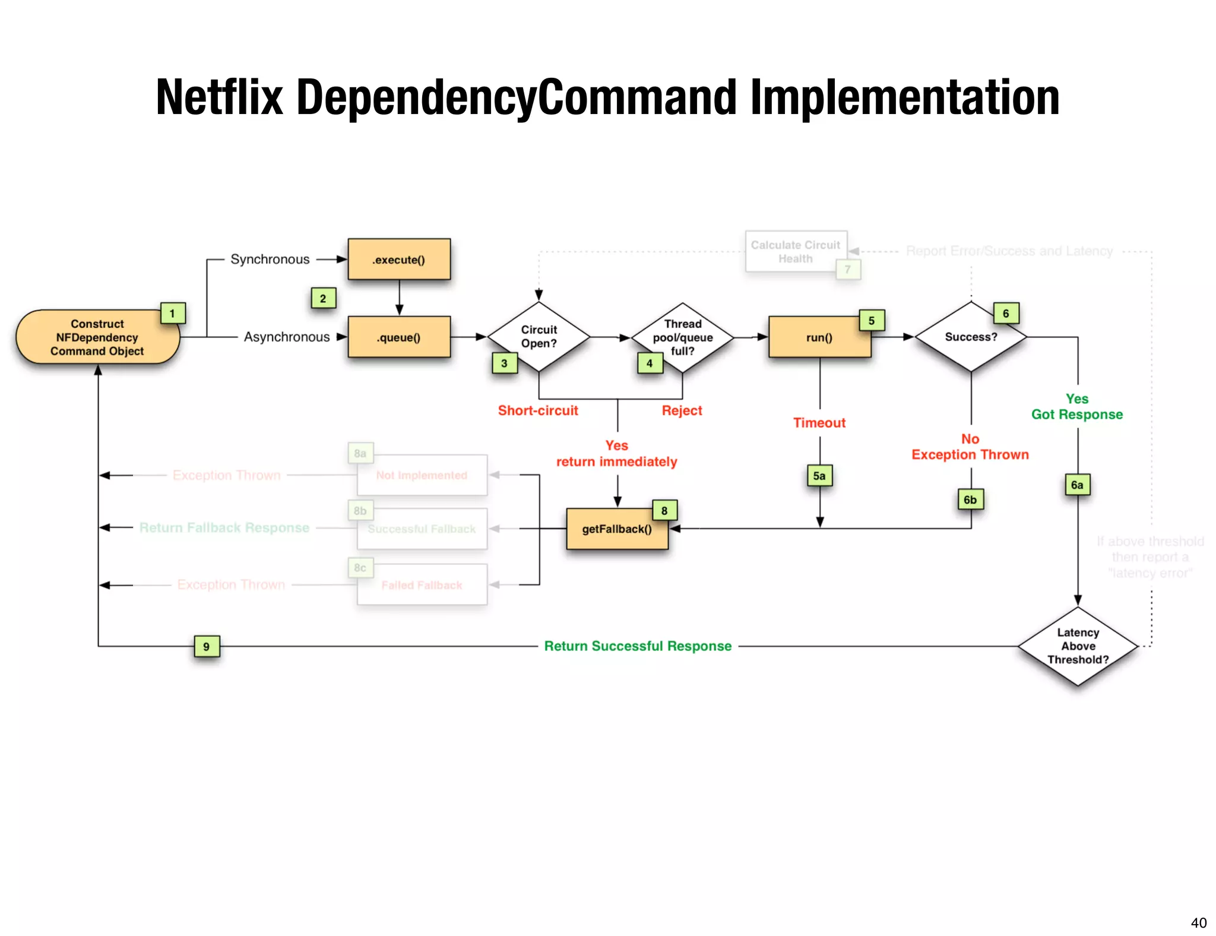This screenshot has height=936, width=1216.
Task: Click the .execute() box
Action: [x=398, y=260]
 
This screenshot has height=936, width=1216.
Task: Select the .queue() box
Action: [x=398, y=337]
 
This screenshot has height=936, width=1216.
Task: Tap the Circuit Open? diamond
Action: [x=539, y=336]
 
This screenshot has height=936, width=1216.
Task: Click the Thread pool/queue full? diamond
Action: [x=682, y=337]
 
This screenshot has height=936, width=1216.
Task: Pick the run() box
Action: [x=819, y=337]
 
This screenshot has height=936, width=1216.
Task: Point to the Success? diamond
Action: [x=971, y=337]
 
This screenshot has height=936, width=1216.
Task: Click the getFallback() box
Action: [x=616, y=529]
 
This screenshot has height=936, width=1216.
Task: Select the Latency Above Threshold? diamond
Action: [x=1078, y=646]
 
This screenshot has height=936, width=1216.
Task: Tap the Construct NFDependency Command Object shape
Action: [x=97, y=337]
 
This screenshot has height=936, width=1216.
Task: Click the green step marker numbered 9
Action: [x=207, y=646]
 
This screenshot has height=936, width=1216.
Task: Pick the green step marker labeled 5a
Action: [x=819, y=476]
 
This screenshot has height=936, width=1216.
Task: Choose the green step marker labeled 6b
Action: [x=970, y=499]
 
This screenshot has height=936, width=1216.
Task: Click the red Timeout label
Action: [x=819, y=423]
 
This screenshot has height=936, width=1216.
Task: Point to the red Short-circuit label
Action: [x=538, y=410]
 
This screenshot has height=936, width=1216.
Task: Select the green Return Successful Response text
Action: [x=638, y=646]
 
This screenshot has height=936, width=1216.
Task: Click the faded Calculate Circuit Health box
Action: [x=795, y=252]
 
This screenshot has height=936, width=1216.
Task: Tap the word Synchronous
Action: [x=270, y=260]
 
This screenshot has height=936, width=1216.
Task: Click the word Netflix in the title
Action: [x=220, y=97]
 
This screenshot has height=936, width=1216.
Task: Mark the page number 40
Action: [x=1198, y=922]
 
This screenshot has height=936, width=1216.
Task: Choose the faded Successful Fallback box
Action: [x=422, y=529]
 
